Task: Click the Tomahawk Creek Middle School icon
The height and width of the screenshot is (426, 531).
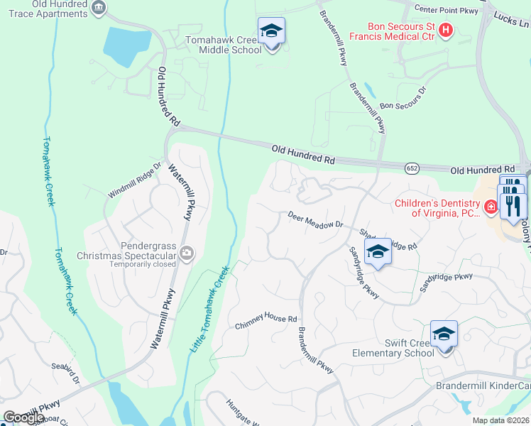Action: tap(271, 31)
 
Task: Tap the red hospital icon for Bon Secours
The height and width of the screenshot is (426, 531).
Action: tap(446, 30)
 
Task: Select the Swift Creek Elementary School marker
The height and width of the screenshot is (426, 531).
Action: tap(444, 334)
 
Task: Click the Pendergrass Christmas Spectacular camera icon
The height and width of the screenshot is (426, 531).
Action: tap(187, 252)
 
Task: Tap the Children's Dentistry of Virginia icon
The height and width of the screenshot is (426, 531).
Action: tap(490, 207)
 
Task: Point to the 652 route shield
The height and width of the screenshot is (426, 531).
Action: tap(412, 168)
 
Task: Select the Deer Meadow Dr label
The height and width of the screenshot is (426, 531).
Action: tap(315, 219)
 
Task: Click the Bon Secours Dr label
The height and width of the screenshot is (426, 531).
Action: tap(403, 99)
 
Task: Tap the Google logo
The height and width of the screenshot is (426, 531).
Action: tap(23, 417)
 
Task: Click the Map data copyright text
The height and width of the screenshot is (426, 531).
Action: tap(500, 420)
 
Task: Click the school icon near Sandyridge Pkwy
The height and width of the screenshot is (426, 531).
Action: tap(378, 251)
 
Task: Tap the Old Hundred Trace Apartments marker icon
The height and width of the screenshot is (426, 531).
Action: tap(99, 8)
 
